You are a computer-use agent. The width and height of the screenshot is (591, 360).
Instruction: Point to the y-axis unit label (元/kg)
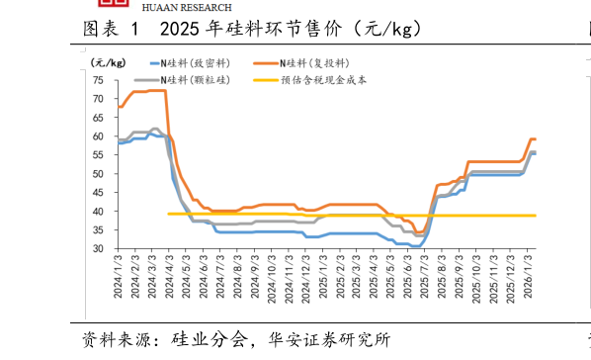click(97, 62)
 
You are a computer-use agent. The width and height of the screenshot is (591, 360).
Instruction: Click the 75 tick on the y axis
click(99, 80)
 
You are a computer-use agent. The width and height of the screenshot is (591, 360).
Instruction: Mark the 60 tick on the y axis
click(99, 136)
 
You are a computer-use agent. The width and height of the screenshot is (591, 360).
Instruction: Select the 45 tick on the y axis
click(99, 193)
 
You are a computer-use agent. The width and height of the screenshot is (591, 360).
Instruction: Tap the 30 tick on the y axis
click(99, 249)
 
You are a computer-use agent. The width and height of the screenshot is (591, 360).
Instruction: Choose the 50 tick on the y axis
click(99, 174)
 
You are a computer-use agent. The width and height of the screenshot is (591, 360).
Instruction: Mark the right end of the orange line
click(536, 139)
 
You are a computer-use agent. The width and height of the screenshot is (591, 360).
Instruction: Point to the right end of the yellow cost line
click(536, 215)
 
